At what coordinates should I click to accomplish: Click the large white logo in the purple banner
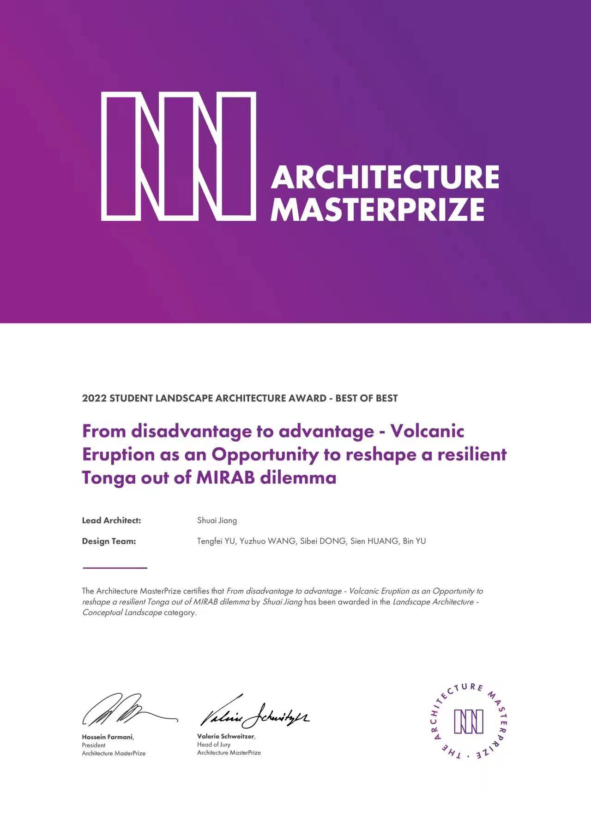[178, 156]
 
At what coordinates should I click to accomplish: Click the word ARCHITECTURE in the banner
[385, 177]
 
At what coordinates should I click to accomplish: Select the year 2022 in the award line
[94, 398]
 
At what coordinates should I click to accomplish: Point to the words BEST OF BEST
[366, 398]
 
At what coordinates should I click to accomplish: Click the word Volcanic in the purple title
[427, 431]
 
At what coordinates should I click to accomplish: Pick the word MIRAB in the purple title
[225, 477]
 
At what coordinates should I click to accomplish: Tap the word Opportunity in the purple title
[265, 454]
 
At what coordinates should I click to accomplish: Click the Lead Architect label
[111, 521]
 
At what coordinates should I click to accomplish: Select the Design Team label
[109, 541]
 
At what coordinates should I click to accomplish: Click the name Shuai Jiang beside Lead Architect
[217, 521]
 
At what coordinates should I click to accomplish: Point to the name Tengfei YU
[216, 541]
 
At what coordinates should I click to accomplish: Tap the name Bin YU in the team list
[414, 541]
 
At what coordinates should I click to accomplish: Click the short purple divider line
[115, 568]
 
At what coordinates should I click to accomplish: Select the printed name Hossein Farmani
[108, 737]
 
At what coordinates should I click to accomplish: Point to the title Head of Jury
[214, 745]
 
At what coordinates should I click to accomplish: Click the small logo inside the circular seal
[469, 721]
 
